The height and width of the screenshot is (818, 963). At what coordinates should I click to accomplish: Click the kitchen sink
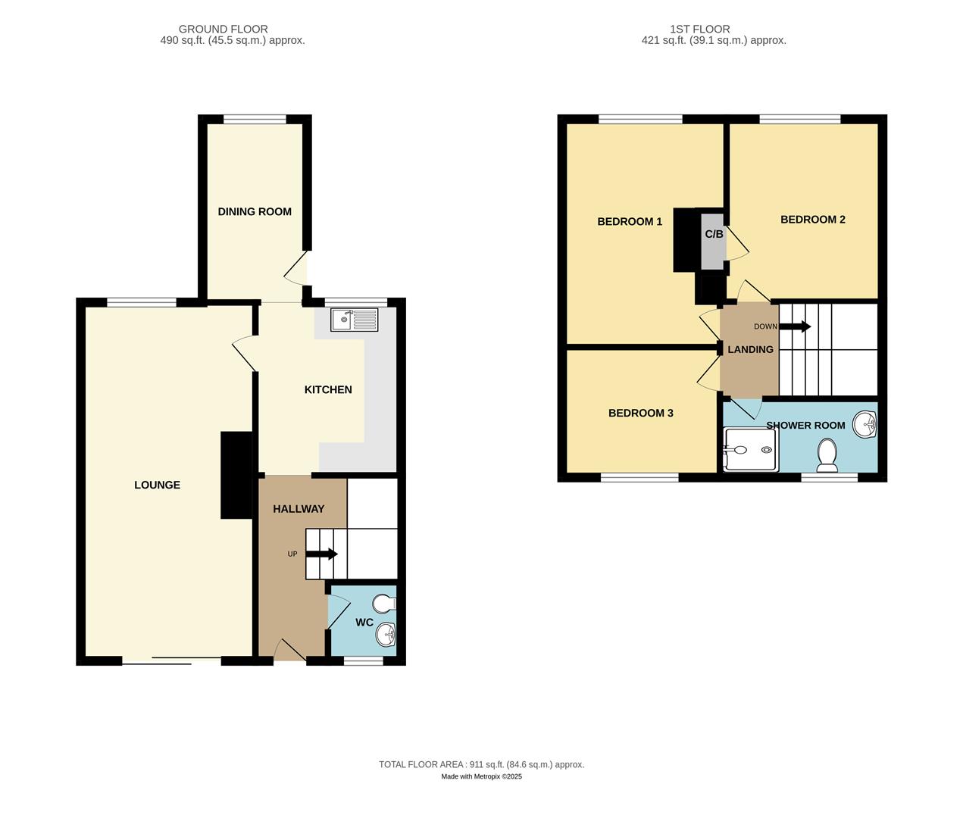point(354,320)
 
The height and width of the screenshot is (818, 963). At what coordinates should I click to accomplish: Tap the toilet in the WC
point(385,604)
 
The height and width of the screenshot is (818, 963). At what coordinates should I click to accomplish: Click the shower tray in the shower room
point(750,449)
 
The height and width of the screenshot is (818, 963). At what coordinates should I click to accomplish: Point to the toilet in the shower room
point(827,454)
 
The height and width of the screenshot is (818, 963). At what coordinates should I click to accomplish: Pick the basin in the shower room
point(865,425)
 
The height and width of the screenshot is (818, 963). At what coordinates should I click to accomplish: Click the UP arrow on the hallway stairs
point(321,554)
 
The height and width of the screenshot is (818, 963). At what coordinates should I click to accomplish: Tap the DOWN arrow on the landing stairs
point(795,326)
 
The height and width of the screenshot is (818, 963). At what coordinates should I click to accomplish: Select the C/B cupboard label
point(714,234)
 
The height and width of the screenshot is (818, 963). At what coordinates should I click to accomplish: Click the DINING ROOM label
point(255,211)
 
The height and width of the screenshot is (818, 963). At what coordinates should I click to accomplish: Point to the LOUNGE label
point(157,485)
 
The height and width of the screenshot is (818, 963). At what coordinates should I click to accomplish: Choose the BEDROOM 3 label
point(640,413)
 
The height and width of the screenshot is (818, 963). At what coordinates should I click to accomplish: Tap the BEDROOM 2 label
point(812,219)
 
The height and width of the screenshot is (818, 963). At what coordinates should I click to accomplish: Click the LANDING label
point(750,349)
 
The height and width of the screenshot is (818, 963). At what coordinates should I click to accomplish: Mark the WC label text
point(364,622)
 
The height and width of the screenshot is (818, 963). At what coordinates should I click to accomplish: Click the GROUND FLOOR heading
point(223,29)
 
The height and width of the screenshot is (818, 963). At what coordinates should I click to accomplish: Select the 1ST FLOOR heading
point(699,29)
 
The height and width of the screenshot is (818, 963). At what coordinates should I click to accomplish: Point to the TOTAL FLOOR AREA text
point(481,764)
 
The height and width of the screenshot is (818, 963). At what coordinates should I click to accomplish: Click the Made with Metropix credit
point(481,776)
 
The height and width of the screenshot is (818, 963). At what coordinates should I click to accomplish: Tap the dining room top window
point(255,118)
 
